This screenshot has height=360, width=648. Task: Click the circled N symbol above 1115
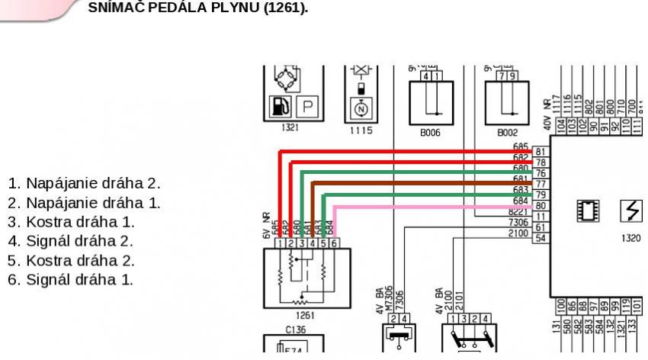point(361,108)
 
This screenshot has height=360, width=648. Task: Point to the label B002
point(507,132)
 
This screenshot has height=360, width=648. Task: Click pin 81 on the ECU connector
point(540,152)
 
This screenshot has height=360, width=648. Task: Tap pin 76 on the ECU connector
point(540,173)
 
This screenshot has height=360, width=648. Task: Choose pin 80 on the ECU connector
point(540,205)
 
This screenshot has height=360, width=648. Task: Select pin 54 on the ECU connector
point(540,238)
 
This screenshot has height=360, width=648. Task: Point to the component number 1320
point(631,238)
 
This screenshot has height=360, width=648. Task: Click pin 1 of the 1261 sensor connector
point(281,243)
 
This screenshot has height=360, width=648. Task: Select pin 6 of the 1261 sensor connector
point(335,243)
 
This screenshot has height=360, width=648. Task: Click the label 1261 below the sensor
point(303,313)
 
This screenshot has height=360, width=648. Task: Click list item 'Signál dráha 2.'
point(70,241)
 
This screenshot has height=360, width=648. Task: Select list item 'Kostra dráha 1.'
point(71,222)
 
